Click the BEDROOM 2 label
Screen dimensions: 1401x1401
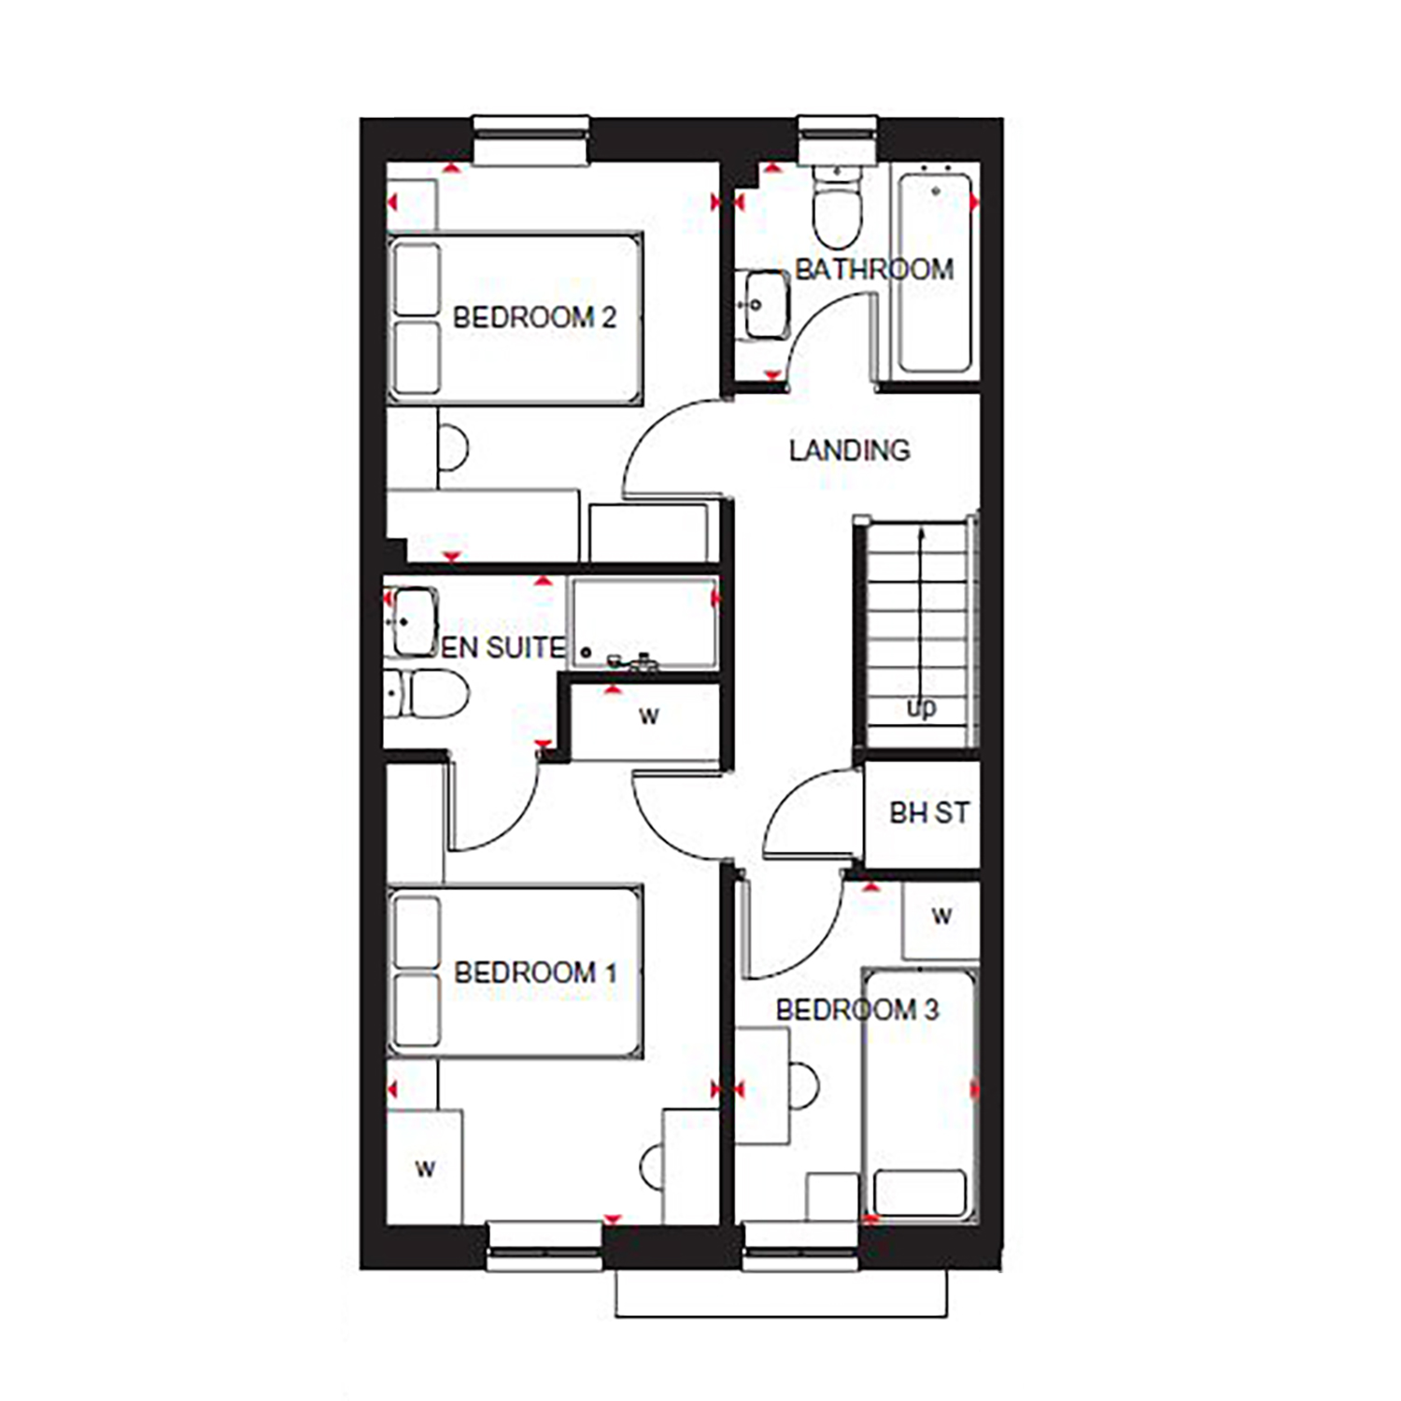[534, 318]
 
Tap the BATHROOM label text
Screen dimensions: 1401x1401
[874, 270]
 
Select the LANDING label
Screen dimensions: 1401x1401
[849, 450]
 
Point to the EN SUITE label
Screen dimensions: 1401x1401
[502, 647]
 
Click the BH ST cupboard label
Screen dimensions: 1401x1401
[929, 814]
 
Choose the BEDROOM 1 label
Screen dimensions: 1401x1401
[535, 972]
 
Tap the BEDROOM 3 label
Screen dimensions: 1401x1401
[857, 1010]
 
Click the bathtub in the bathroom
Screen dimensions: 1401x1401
[934, 270]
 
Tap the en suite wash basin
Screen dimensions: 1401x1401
[411, 621]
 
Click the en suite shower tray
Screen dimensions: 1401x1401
[644, 622]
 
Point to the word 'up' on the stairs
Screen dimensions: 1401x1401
[921, 709]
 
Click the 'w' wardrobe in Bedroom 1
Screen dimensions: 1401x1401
[425, 1167]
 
